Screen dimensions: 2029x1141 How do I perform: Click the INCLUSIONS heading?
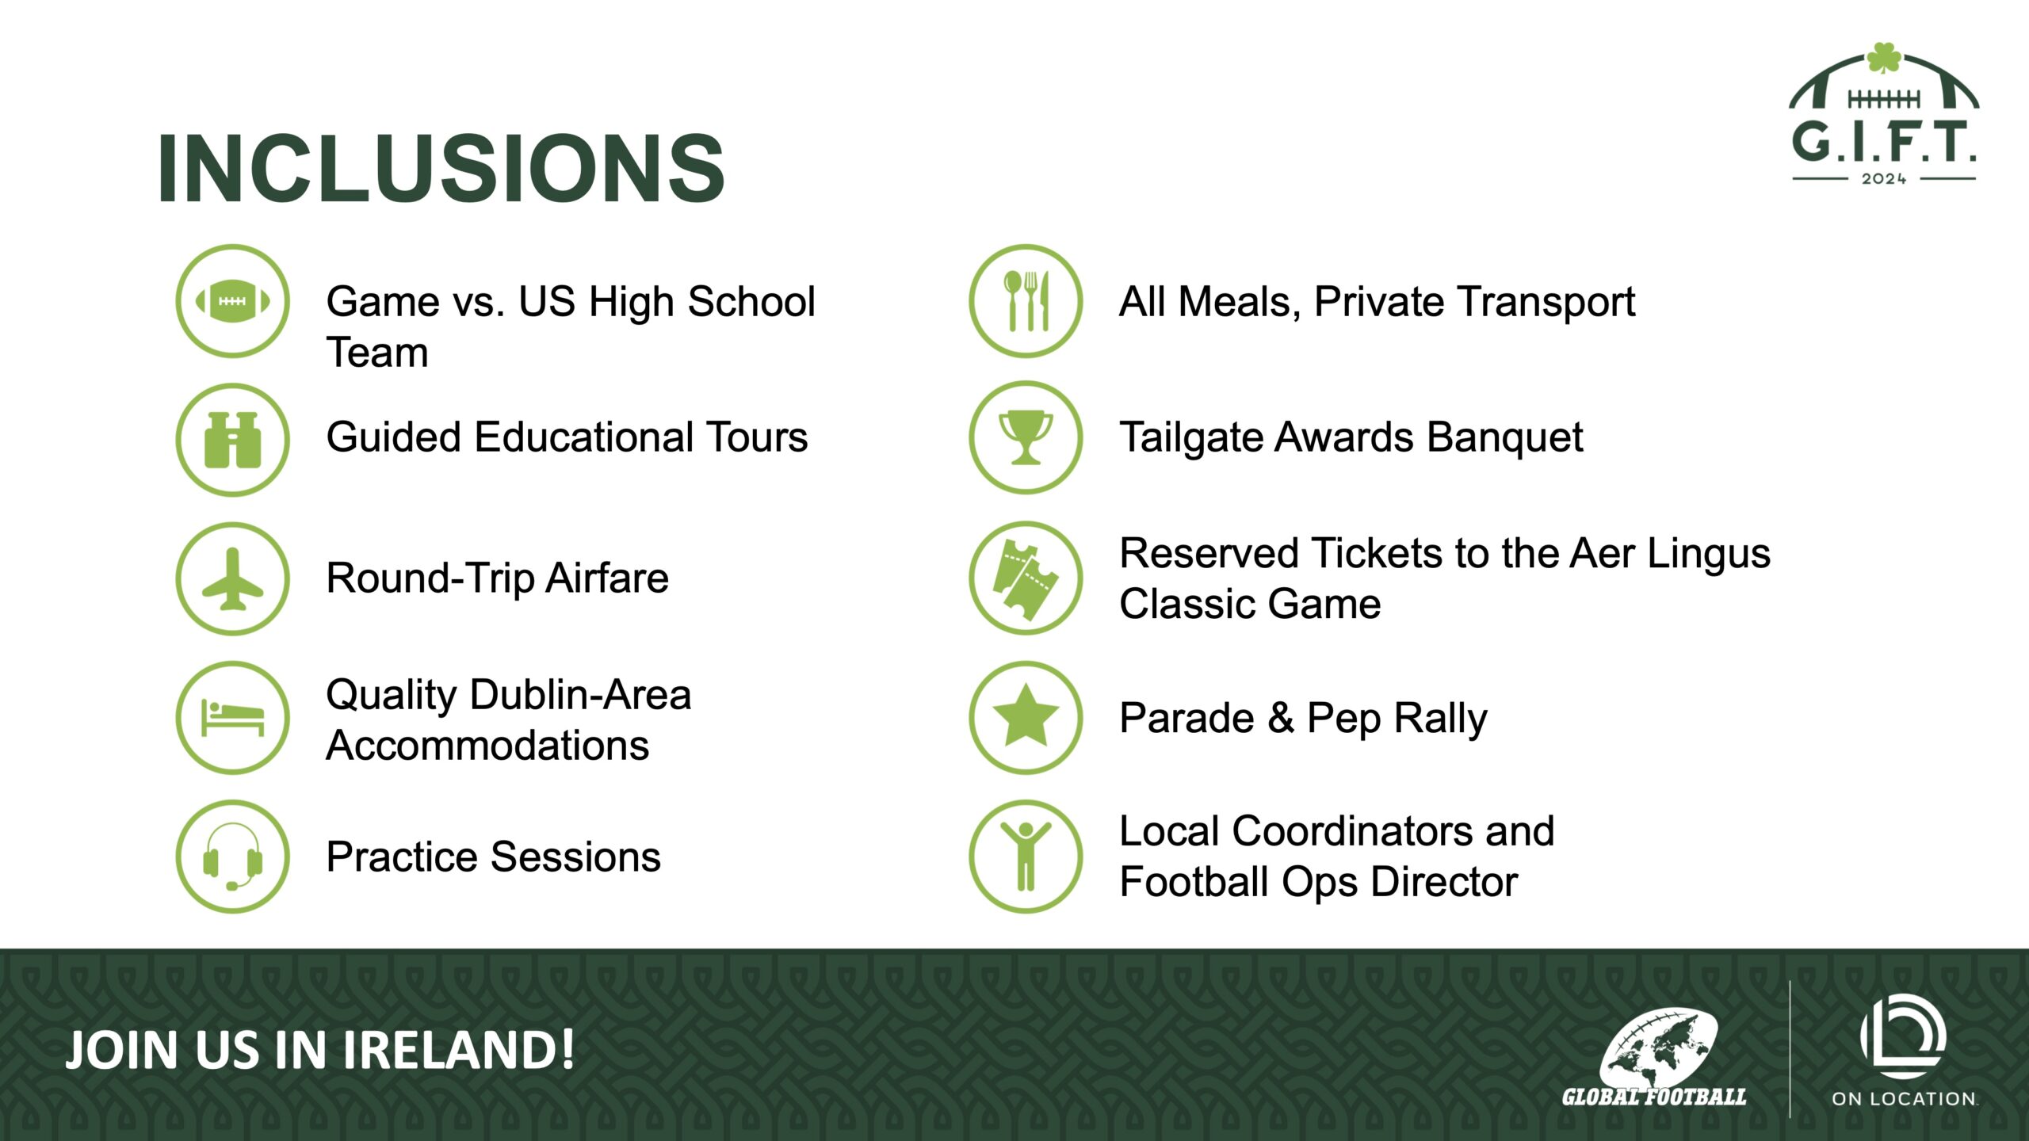coord(441,168)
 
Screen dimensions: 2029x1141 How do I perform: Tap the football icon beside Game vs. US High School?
coord(232,301)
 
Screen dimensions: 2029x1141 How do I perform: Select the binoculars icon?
coord(232,440)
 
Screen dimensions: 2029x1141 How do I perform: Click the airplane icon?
coord(232,579)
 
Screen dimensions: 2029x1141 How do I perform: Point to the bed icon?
coord(232,718)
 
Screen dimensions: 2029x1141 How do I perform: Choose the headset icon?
coord(232,857)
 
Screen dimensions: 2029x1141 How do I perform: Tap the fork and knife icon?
coord(1026,301)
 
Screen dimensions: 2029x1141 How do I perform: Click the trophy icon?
coord(1026,437)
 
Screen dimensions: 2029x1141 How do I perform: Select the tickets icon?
coord(1026,578)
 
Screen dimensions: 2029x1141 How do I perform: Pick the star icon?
coord(1026,718)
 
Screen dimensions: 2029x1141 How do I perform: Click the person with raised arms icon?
coord(1026,857)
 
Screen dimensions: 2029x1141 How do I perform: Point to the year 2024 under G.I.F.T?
coord(1884,179)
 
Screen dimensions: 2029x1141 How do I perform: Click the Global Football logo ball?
coord(1658,1046)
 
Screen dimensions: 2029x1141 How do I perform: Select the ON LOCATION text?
coord(1905,1099)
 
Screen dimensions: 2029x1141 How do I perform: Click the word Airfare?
coord(607,578)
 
